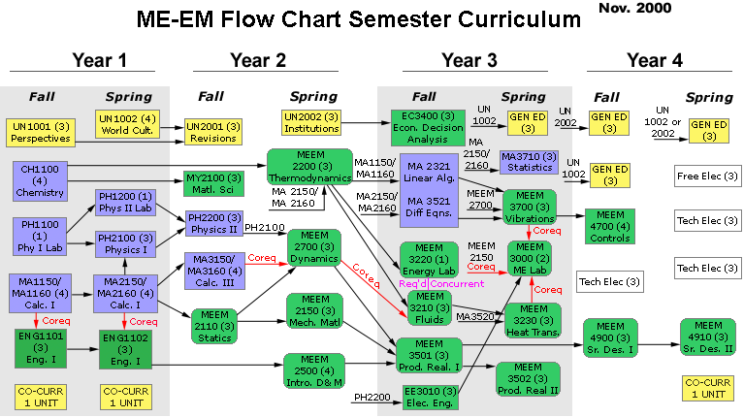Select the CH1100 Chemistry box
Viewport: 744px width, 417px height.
tap(40, 181)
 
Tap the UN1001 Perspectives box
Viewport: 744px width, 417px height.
tap(40, 132)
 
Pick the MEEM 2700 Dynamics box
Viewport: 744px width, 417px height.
tap(314, 249)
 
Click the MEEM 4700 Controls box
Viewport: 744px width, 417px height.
tap(609, 225)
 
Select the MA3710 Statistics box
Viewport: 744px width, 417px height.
tap(528, 161)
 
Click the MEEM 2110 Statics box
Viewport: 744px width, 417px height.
tap(215, 325)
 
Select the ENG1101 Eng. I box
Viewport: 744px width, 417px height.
tap(40, 348)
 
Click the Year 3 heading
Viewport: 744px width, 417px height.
tap(469, 60)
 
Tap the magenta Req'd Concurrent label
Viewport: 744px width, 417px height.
tap(435, 282)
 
